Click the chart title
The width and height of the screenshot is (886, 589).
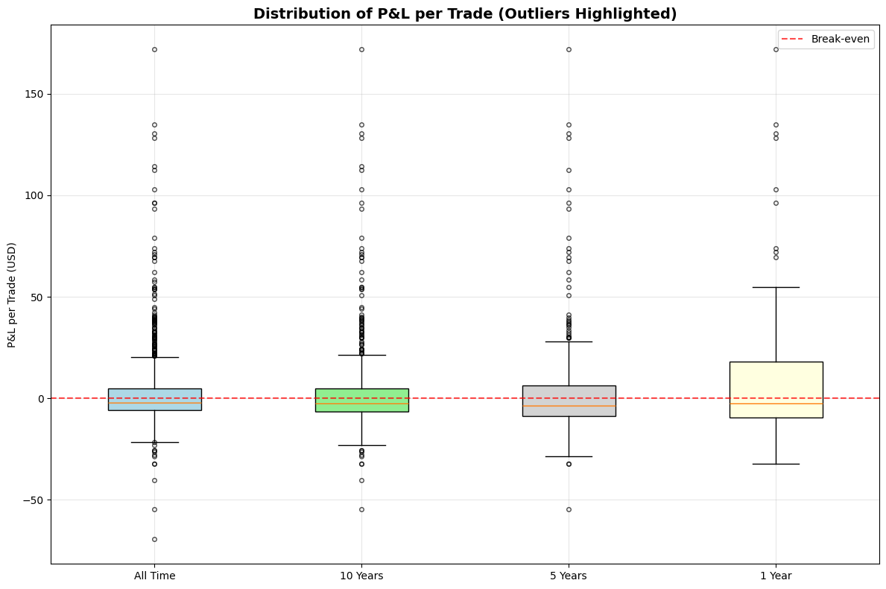pyautogui.click(x=465, y=13)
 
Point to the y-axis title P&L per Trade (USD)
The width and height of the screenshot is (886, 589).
pyautogui.click(x=12, y=294)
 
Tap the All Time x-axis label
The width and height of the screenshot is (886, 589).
pyautogui.click(x=154, y=576)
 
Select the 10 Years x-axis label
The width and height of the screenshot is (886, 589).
pyautogui.click(x=361, y=576)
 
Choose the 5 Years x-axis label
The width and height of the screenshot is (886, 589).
pyautogui.click(x=569, y=576)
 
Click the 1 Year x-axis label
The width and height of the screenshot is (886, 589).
pyautogui.click(x=776, y=576)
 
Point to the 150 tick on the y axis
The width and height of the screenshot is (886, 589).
pyautogui.click(x=34, y=95)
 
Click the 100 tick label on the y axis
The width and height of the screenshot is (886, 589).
pyautogui.click(x=34, y=196)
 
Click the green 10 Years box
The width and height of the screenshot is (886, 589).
pyautogui.click(x=361, y=400)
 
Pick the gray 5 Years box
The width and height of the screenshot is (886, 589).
pyautogui.click(x=569, y=400)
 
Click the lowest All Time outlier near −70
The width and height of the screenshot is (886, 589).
pyautogui.click(x=154, y=539)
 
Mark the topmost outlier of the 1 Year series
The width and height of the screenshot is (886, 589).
pyautogui.click(x=776, y=49)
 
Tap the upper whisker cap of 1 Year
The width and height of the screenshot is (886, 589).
pyautogui.click(x=776, y=287)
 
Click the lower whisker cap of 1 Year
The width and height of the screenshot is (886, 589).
pyautogui.click(x=776, y=464)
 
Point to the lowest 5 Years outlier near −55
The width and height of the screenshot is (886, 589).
pyautogui.click(x=569, y=509)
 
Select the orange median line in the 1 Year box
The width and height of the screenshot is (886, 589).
pyautogui.click(x=776, y=403)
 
